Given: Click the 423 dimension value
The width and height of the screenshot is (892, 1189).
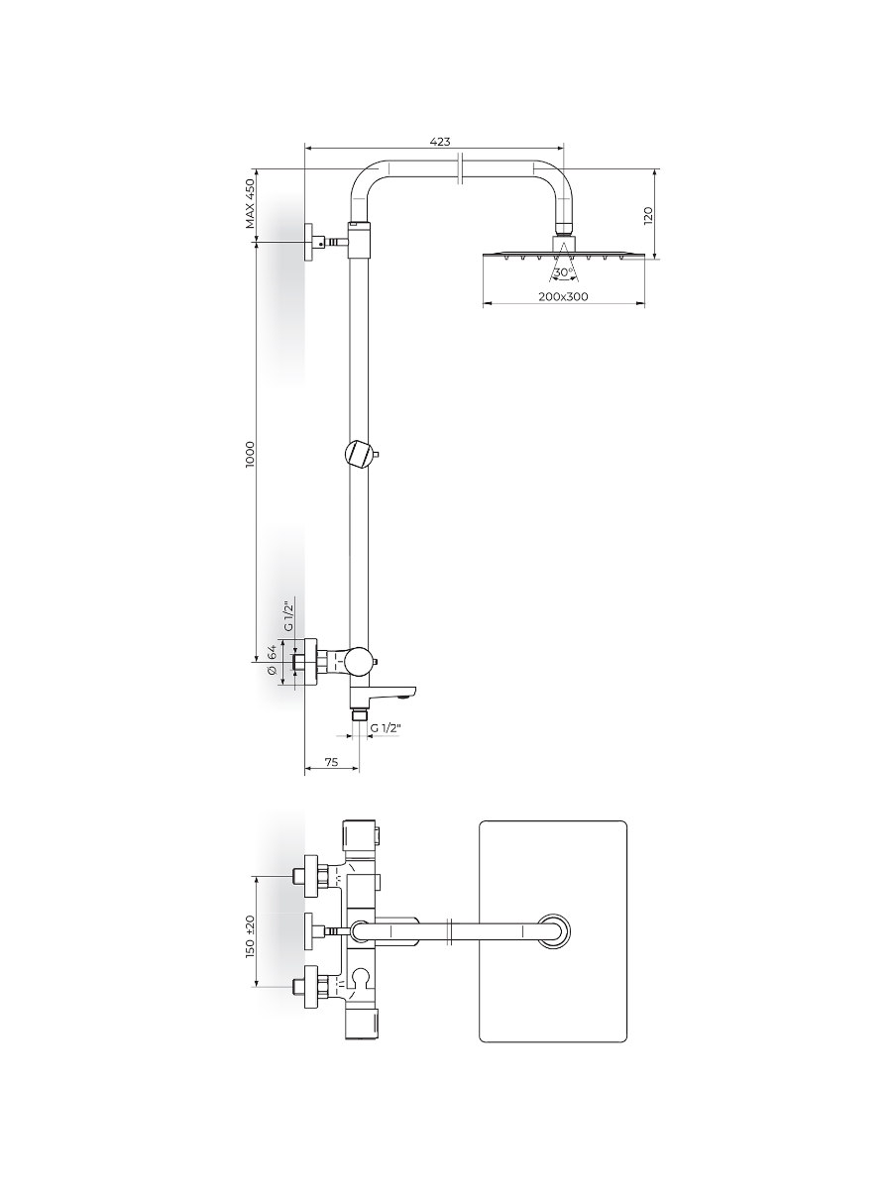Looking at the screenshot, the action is (440, 142).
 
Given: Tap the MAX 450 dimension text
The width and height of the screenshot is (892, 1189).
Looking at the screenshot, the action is (250, 204).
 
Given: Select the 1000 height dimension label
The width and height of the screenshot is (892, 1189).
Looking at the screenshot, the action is (250, 455).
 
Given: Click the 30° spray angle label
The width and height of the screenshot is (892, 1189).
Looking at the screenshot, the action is (564, 272).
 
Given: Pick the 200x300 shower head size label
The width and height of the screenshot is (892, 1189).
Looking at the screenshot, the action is (563, 296).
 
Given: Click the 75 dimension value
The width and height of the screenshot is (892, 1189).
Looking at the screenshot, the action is (331, 762).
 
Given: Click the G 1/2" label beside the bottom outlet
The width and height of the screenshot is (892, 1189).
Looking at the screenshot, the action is (386, 728).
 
